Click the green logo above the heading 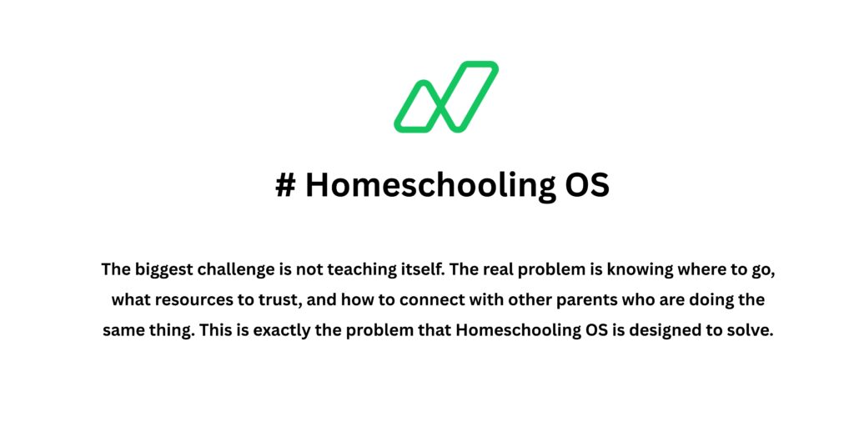[446, 97]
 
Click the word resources [188, 300]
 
